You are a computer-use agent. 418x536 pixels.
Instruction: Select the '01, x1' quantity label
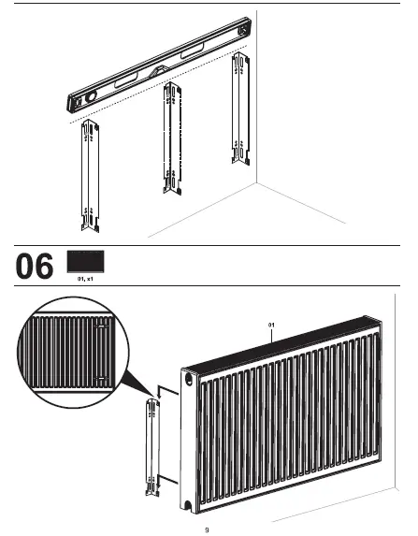[x=85, y=279]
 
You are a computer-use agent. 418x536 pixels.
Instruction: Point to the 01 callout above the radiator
[x=271, y=325]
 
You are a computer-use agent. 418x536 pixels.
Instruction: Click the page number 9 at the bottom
[x=208, y=529]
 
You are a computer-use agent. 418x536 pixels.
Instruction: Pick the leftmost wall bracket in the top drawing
[x=91, y=177]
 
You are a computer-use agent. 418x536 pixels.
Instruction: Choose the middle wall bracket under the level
[x=171, y=138]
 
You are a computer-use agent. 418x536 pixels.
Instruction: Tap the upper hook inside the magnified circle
[x=99, y=328]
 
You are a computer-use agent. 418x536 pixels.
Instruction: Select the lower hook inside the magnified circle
[x=99, y=380]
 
